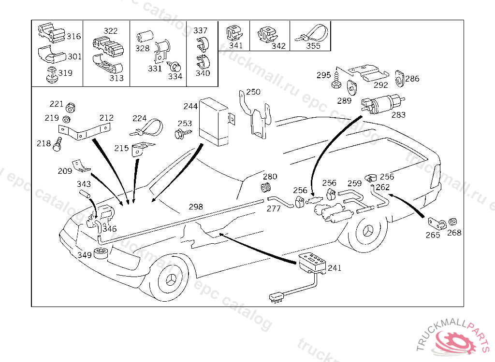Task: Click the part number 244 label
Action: (x=190, y=106)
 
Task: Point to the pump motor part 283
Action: (x=382, y=104)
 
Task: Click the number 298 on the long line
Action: (x=196, y=207)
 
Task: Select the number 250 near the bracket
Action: (x=253, y=92)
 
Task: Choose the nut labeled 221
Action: (x=70, y=107)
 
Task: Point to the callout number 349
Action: (x=85, y=254)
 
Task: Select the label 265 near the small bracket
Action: (x=433, y=235)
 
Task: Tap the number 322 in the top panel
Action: (x=110, y=31)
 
